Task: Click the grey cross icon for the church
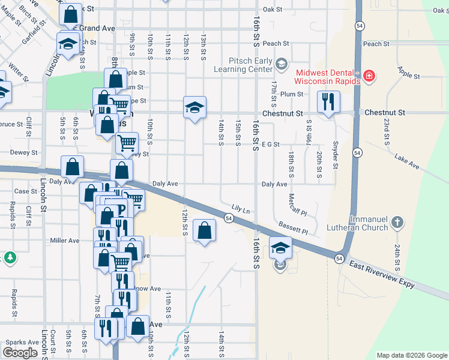(x=396, y=223)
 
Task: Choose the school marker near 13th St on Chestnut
(x=194, y=107)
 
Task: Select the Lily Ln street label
(x=240, y=209)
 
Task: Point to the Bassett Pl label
(x=292, y=228)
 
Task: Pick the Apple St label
(x=408, y=73)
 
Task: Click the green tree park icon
(x=10, y=258)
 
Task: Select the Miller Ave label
(x=65, y=241)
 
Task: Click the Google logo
(x=20, y=353)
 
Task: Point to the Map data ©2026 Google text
(x=411, y=355)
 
